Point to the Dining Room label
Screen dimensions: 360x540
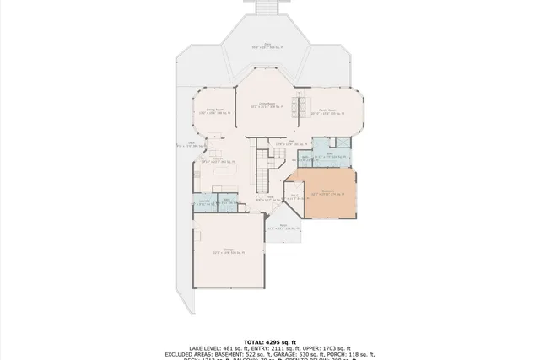pos(214,110)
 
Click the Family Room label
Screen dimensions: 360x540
pos(327,110)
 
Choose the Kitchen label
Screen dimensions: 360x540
pos(218,160)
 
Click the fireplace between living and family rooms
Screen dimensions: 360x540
pos(297,107)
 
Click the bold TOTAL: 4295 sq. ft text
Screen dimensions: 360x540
pos(270,332)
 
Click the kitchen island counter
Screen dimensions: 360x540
pos(224,172)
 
